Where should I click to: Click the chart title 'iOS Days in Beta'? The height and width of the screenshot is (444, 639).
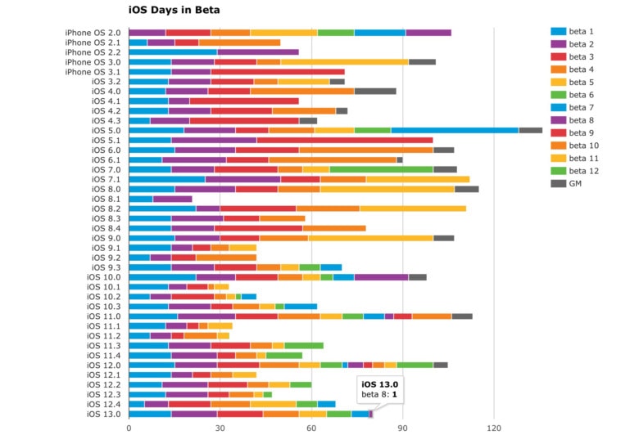(174, 11)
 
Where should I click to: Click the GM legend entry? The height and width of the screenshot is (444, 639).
(575, 182)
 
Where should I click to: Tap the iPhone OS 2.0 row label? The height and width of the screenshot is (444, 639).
(93, 33)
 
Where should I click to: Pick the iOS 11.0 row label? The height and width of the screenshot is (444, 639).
(104, 316)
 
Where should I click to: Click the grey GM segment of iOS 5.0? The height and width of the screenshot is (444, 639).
(530, 130)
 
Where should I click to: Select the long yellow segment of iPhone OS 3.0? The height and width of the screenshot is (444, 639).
(344, 61)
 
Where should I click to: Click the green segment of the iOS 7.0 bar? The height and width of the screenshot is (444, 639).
(381, 169)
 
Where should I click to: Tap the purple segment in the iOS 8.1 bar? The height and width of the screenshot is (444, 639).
(172, 199)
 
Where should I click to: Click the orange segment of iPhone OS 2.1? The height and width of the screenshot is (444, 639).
(239, 43)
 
